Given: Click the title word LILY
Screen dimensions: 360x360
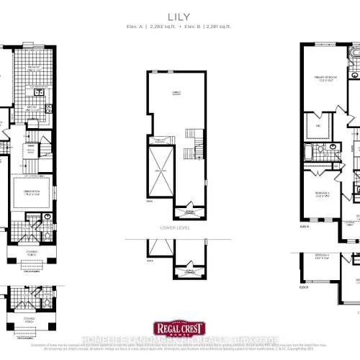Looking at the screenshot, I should tap(179, 14).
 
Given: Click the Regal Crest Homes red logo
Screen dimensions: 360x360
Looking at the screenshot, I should tap(179, 333).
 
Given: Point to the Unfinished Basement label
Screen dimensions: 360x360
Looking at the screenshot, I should tap(175, 94).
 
